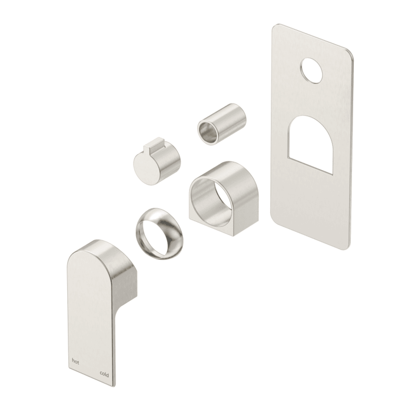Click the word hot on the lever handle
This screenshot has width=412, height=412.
pos(75,362)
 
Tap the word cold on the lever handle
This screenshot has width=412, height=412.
pos(104,375)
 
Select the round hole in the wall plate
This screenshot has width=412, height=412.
pos(312,71)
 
